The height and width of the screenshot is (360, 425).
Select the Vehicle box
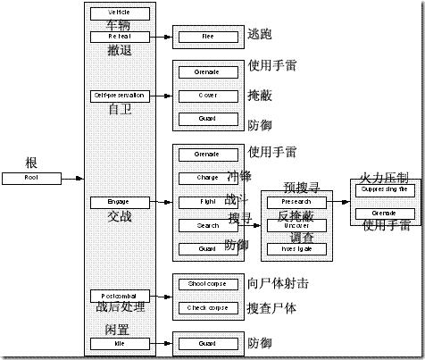(120, 13)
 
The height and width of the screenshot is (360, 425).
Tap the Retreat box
(120, 37)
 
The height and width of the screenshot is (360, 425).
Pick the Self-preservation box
(120, 95)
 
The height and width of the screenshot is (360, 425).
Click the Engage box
(120, 202)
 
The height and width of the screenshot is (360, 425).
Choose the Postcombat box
(120, 296)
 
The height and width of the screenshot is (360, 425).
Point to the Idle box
(120, 343)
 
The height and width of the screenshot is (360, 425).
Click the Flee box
(208, 38)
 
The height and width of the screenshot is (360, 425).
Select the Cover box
(208, 95)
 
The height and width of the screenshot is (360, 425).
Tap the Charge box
(208, 178)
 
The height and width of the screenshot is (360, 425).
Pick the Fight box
(208, 202)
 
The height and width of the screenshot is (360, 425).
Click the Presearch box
(296, 202)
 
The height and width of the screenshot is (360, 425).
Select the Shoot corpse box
(208, 284)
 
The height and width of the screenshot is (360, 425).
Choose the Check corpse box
(208, 308)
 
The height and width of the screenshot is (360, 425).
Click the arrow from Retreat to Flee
(162, 38)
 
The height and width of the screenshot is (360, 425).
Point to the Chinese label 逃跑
(259, 34)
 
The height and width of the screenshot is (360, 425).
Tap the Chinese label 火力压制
(384, 175)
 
